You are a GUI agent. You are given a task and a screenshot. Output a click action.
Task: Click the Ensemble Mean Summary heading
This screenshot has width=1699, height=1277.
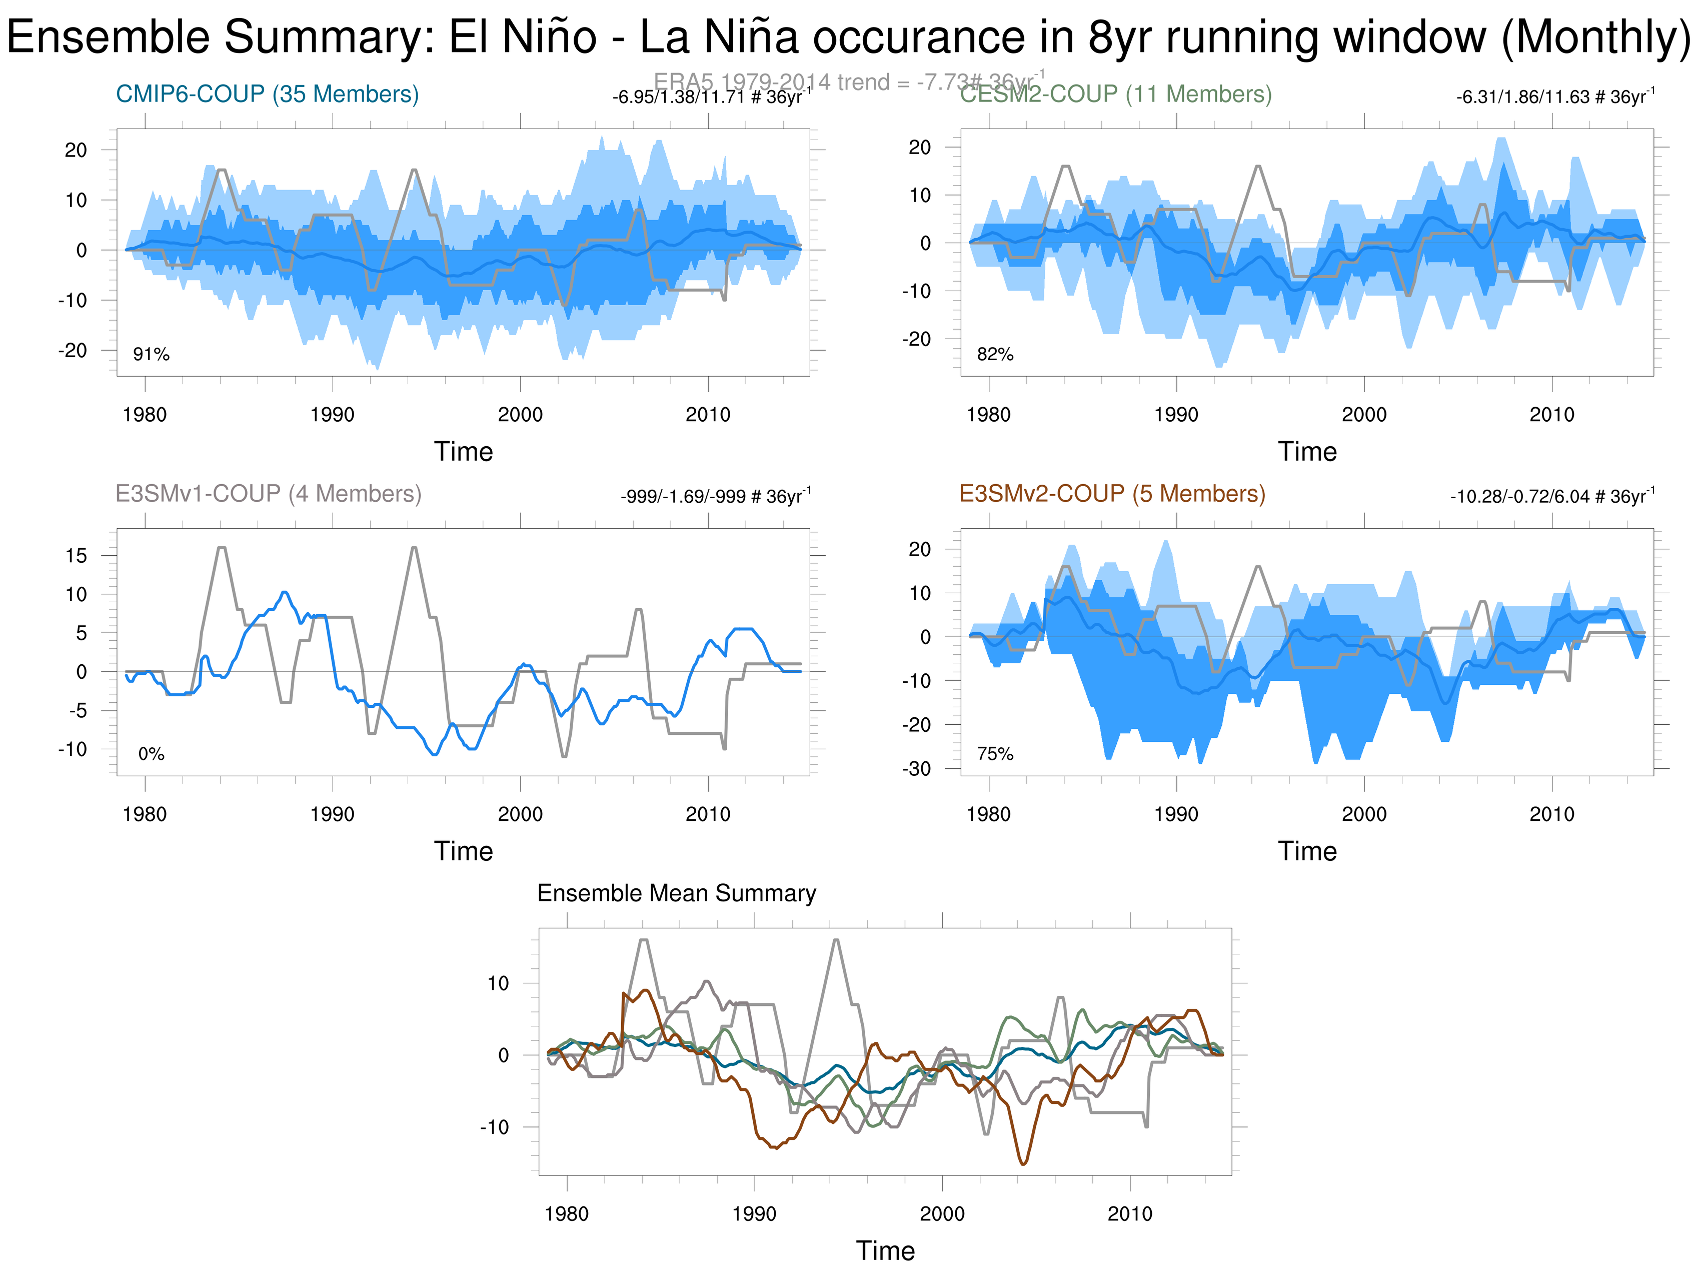(676, 893)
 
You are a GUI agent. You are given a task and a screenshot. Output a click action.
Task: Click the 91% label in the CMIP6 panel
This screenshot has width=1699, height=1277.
(152, 354)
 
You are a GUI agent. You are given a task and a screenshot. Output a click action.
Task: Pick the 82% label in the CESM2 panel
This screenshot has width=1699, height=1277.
(995, 354)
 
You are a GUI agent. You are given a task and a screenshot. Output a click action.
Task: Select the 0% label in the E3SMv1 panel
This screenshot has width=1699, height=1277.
(152, 754)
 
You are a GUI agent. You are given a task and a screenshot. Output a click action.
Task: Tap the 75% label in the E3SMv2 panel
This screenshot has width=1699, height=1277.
(995, 754)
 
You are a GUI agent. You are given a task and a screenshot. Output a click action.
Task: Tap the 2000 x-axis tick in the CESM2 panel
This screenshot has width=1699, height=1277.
(1364, 415)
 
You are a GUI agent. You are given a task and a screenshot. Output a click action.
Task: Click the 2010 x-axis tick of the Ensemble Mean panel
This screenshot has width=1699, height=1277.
(1129, 1214)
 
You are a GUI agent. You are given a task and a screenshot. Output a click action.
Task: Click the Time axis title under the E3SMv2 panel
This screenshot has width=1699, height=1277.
(1307, 851)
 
